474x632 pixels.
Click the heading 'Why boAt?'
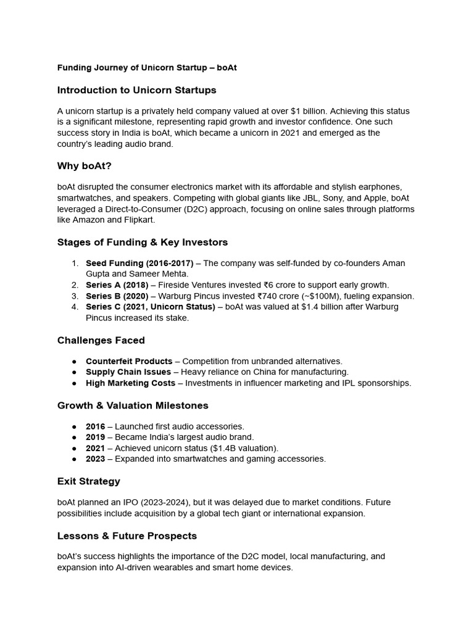(85, 166)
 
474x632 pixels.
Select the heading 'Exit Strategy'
(89, 481)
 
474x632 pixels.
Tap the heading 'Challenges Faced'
(101, 340)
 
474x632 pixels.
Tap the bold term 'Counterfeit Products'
(129, 361)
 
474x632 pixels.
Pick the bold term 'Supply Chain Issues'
(128, 372)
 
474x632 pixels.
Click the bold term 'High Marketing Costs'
(131, 383)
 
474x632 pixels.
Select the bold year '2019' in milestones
(96, 438)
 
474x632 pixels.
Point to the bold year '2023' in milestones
(96, 459)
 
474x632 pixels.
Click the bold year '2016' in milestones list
(96, 426)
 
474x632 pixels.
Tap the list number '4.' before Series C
(75, 307)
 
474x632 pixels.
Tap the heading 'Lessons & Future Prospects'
(127, 536)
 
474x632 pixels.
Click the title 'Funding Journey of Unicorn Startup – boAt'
(147, 68)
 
